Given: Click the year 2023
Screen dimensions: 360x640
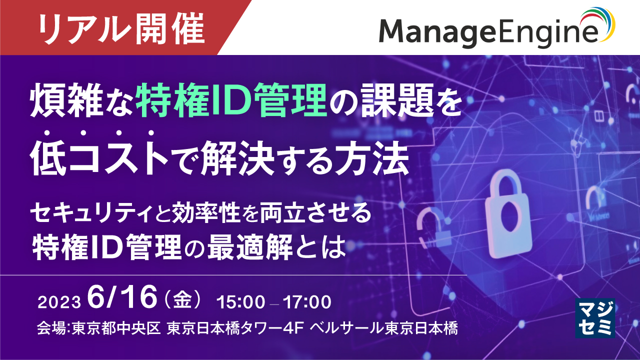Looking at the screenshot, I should tap(59, 302).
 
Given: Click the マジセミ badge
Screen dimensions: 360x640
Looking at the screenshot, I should tap(594, 317).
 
